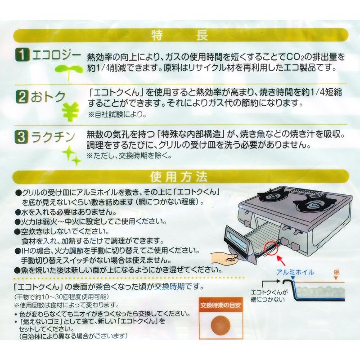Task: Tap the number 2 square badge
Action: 21,96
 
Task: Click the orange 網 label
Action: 336,272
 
